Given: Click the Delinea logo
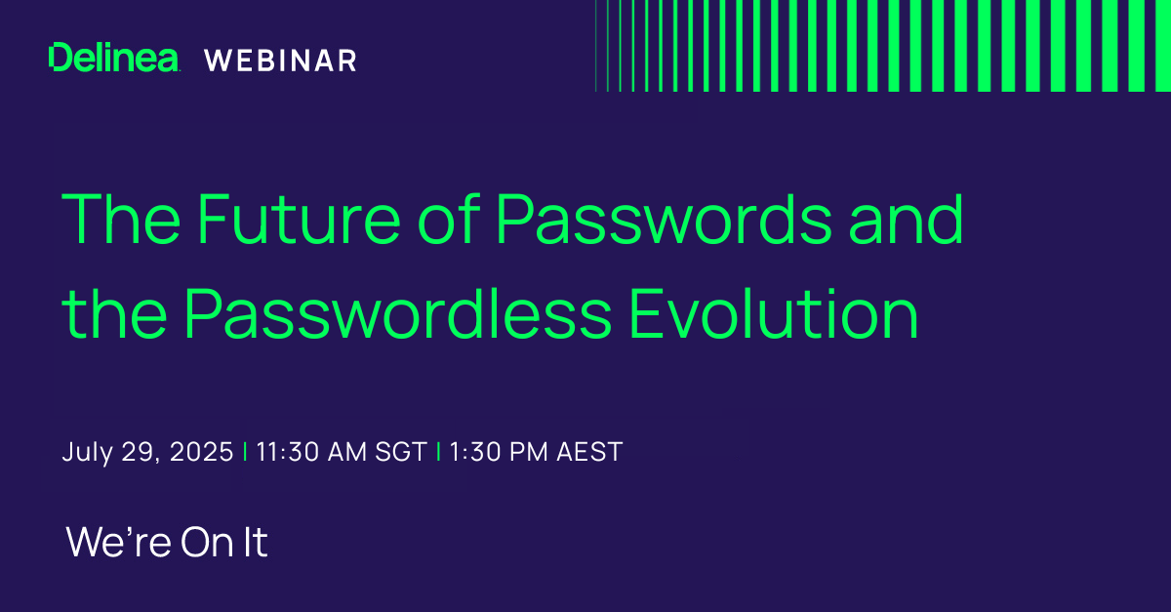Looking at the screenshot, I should point(114,59).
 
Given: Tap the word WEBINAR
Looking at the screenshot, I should point(281,61).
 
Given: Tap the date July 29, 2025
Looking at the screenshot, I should point(147,453).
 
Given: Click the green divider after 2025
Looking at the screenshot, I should point(244,453).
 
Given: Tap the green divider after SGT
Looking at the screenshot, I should point(437,453).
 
